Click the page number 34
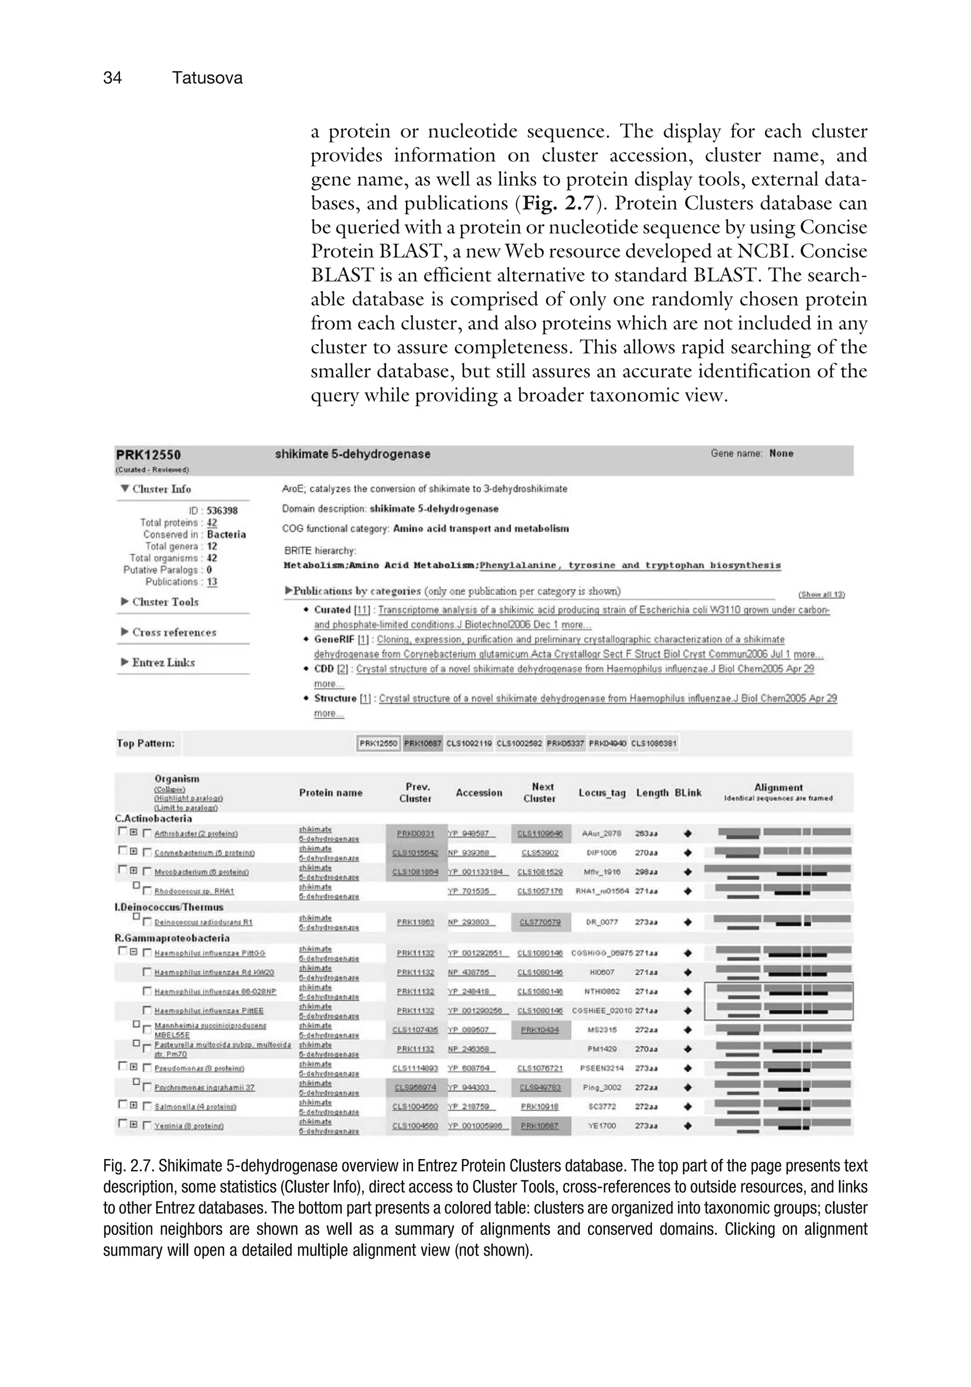112,78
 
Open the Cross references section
174,632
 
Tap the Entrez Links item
163,662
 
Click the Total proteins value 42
211,522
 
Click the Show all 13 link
821,594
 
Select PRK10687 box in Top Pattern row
422,743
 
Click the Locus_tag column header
602,793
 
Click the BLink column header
687,793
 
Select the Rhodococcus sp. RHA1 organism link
194,891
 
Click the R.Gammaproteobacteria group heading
172,938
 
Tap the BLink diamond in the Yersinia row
687,1126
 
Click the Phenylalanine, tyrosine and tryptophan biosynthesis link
630,566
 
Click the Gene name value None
781,454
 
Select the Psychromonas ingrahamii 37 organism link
204,1087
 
